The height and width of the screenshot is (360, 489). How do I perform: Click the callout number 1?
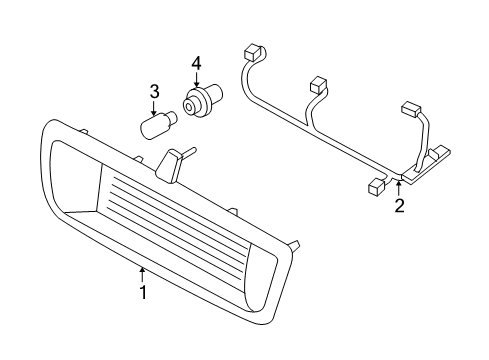(143, 292)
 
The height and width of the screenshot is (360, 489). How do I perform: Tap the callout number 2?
(399, 205)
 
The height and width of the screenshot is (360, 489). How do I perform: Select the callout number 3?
(154, 92)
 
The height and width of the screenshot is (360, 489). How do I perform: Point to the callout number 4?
(196, 64)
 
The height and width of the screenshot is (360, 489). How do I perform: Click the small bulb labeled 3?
(158, 123)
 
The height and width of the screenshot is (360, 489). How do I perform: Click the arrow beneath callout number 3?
(154, 108)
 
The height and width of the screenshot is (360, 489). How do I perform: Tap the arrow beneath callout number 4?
(196, 80)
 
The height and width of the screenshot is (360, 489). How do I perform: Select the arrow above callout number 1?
(142, 274)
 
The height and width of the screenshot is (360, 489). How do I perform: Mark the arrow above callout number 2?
(399, 188)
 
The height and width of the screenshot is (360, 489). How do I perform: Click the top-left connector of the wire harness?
(254, 52)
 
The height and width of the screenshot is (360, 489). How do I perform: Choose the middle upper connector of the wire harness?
(319, 85)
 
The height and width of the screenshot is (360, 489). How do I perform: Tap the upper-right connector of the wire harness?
(412, 109)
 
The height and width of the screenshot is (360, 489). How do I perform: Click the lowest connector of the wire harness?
(377, 186)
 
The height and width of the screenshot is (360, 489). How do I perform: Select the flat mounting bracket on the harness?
(427, 164)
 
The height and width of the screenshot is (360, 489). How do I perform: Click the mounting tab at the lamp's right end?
(294, 246)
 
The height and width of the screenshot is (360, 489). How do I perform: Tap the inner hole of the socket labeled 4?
(188, 107)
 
